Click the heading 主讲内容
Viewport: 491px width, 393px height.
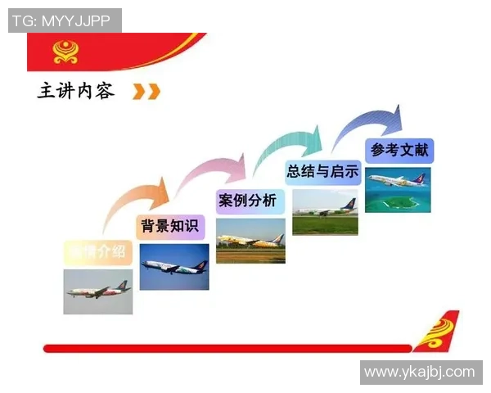click(x=76, y=91)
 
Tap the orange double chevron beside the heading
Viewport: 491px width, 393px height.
click(x=146, y=92)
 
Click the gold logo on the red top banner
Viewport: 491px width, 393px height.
click(x=67, y=51)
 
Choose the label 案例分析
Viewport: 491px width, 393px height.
click(x=247, y=201)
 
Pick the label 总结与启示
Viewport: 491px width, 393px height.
click(x=323, y=172)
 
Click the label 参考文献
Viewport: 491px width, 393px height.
click(x=399, y=150)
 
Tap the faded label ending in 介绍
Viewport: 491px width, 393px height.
click(x=98, y=252)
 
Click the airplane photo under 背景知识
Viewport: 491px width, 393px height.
click(x=173, y=267)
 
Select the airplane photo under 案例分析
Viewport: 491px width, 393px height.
click(x=250, y=241)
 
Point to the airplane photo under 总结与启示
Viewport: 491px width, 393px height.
click(x=325, y=212)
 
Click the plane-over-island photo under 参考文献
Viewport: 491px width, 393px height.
click(x=398, y=189)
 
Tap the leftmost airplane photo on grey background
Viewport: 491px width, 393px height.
click(x=98, y=291)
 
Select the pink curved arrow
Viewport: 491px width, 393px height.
click(x=212, y=171)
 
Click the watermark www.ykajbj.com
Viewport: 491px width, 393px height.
click(x=419, y=373)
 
